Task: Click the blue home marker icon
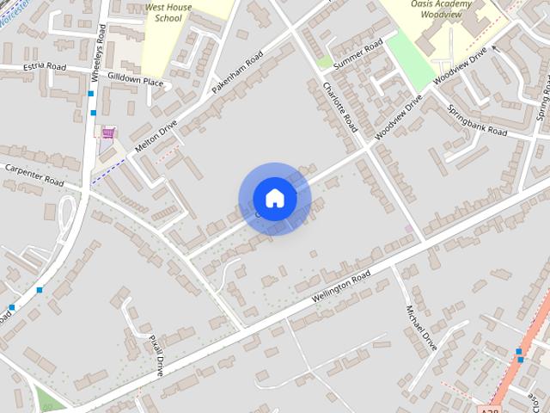275,198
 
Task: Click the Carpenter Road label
34,175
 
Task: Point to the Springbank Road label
478,121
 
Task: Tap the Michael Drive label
421,328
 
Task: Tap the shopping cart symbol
108,133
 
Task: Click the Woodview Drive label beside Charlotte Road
400,118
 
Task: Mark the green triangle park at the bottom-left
49,398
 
